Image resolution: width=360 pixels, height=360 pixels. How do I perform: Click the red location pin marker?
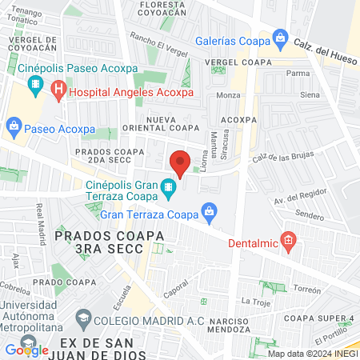pos(180,163)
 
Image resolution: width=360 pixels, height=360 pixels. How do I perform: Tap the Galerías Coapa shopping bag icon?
pos(280,38)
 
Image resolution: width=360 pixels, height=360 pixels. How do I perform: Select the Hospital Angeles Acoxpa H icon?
pos(58,92)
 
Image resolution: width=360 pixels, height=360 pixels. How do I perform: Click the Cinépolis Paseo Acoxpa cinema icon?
pos(36,84)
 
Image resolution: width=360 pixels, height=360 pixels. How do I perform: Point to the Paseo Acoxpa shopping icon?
pos(14,126)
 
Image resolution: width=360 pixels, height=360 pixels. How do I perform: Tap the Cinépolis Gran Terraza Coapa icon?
pos(167,190)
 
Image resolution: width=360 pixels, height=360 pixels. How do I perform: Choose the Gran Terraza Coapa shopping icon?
pos(209,213)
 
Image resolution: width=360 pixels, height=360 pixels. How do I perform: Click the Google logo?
pos(26,349)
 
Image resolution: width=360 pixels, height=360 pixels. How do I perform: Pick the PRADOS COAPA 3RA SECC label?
pos(110,242)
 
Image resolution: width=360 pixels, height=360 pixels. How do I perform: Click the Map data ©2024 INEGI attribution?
pos(312,353)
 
